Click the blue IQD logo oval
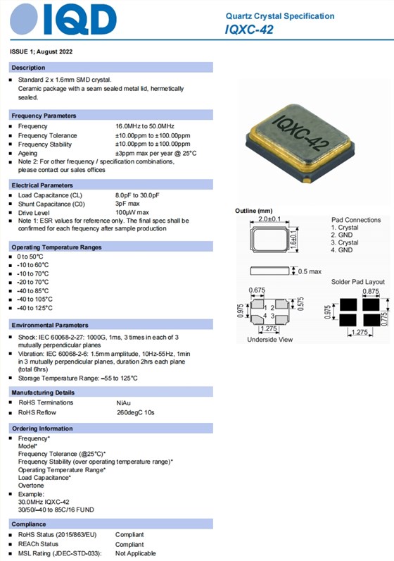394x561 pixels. click(24, 19)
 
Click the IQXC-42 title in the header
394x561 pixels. click(249, 29)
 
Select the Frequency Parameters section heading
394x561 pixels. click(44, 116)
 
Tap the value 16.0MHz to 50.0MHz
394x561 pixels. click(145, 126)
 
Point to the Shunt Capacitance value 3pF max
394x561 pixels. click(127, 204)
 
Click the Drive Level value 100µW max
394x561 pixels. click(132, 212)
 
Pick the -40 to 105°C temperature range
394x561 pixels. click(34, 299)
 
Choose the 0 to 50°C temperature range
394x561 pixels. click(30, 257)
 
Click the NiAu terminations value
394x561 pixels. click(123, 403)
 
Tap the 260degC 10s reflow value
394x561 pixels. click(135, 412)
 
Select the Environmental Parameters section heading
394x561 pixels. click(50, 325)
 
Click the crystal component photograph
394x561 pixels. click(300, 143)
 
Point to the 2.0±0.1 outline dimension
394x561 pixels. click(269, 219)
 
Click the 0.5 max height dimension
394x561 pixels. click(310, 271)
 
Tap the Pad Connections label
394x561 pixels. click(356, 220)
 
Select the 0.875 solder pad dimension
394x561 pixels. click(370, 291)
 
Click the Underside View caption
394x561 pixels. click(269, 340)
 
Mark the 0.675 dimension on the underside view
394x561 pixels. click(257, 290)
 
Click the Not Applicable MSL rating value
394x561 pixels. click(135, 553)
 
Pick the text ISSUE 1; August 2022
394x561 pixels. click(41, 51)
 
